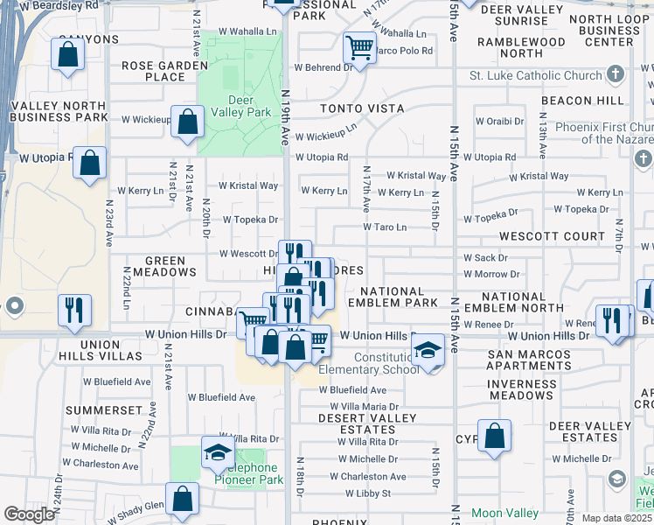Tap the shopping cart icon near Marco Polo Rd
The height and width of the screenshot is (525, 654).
tap(358, 45)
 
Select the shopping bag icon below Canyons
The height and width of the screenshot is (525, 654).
tap(68, 55)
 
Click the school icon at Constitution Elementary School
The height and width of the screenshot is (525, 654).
tap(428, 352)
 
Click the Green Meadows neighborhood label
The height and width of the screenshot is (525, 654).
tap(158, 266)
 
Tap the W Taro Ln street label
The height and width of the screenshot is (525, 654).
tap(385, 227)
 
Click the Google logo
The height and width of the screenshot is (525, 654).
tap(29, 514)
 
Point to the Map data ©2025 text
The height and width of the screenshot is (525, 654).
tap(616, 518)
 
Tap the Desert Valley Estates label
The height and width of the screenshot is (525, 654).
tap(368, 423)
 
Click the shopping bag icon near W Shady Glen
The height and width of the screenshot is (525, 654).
tap(184, 500)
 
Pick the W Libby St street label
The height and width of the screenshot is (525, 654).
tap(367, 493)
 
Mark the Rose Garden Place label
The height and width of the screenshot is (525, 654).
tap(153, 71)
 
